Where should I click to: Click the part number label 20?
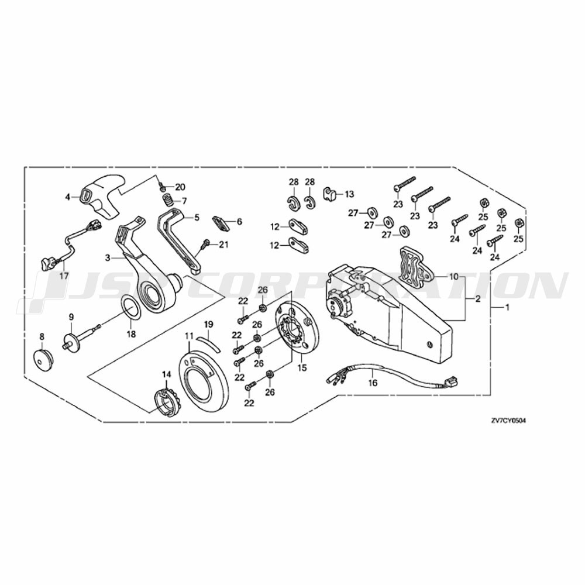pyautogui.click(x=180, y=187)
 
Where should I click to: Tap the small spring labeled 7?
pyautogui.click(x=168, y=201)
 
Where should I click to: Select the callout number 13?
pyautogui.click(x=349, y=194)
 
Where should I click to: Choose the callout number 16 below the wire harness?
pyautogui.click(x=373, y=383)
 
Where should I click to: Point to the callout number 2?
pyautogui.click(x=478, y=300)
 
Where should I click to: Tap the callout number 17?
pyautogui.click(x=64, y=276)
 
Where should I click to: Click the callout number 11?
pyautogui.click(x=189, y=336)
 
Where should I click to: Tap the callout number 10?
pyautogui.click(x=454, y=277)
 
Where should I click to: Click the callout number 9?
pyautogui.click(x=71, y=316)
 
